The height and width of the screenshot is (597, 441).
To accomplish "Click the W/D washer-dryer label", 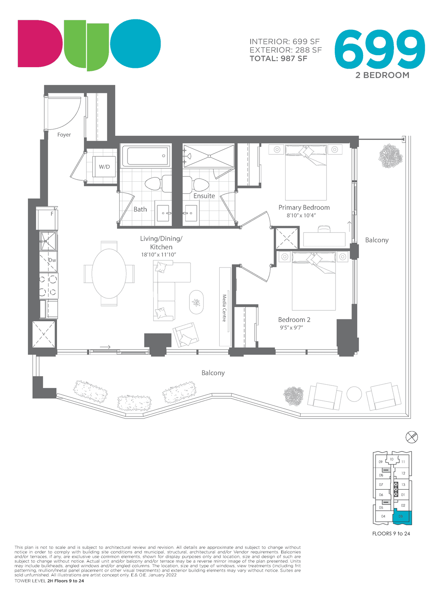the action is coord(104,167).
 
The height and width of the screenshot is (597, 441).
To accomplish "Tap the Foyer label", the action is coord(64,135).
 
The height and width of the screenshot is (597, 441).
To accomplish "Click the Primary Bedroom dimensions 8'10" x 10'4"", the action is coord(301,215).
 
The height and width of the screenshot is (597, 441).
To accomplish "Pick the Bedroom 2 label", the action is coord(294,319).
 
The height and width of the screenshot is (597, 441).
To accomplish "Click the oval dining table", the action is coord(109,274).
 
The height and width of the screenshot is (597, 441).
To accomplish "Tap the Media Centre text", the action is coord(224,308).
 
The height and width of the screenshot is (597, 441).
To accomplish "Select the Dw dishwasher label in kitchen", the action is coord(52,260).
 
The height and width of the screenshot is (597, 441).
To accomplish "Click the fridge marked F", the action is coord(47,218).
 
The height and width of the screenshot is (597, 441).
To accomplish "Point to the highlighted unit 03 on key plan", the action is coord(402,517).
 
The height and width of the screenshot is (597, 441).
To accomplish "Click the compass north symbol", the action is coord(412,437).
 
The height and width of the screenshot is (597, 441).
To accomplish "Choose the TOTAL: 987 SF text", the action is coord(278,59).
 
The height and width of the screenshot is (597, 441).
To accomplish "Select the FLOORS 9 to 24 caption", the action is coord(391,534).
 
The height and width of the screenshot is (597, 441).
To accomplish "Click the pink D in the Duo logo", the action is coord(40,43).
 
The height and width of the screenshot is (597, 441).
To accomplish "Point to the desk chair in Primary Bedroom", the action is coord(324,229).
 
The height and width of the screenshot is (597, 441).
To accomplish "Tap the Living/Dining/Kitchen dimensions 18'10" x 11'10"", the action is coord(159,254).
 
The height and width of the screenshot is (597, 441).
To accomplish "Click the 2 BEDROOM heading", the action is coord(382,75).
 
